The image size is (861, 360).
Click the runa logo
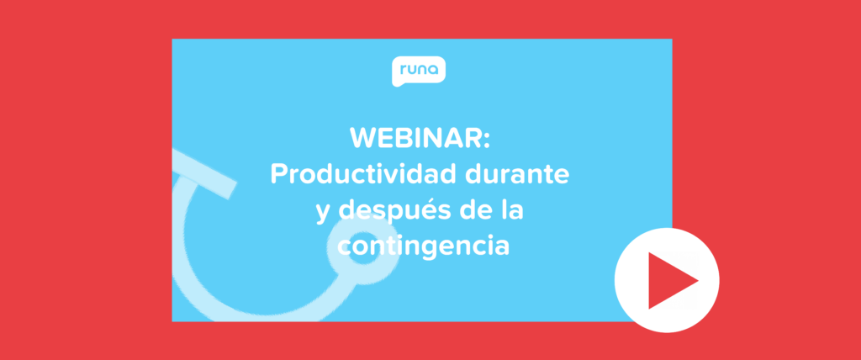[x=419, y=71]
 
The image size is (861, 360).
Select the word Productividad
[x=363, y=174]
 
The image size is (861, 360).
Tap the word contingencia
[x=423, y=246]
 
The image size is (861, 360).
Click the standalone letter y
[x=323, y=215]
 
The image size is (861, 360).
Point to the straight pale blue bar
[x=203, y=172]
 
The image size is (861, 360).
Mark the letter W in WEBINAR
[x=364, y=139]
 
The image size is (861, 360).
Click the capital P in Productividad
[x=278, y=175]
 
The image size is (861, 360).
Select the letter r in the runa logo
[x=403, y=70]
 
